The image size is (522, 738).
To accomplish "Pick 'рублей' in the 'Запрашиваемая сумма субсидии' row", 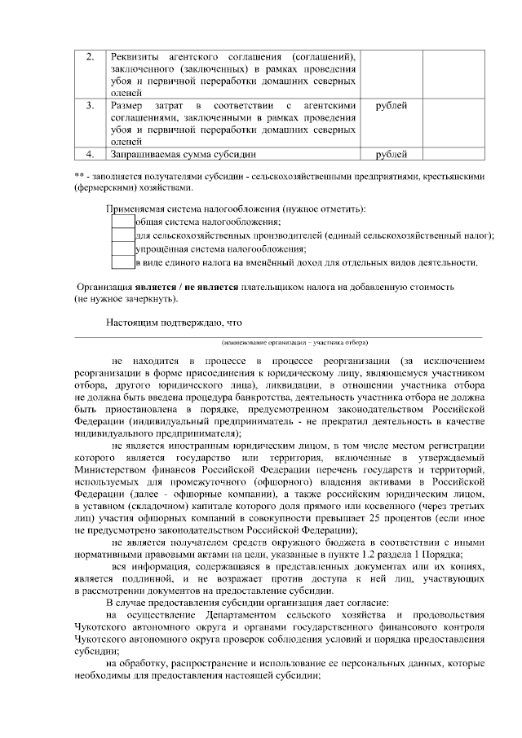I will (391, 153).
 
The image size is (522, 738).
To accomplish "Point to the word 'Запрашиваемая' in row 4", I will (149, 153).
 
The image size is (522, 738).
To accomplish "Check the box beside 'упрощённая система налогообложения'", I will (122, 249).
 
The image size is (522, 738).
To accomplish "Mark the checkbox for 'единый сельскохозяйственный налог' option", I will (122, 236).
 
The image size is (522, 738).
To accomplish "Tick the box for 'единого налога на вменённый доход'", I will (122, 262).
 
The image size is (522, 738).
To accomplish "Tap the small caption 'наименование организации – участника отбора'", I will (294, 342).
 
